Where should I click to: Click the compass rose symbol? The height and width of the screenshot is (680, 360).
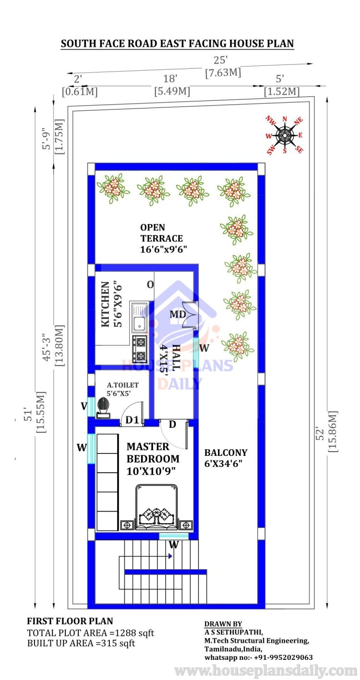tap(285, 135)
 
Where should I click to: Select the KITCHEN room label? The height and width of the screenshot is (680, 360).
tap(105, 304)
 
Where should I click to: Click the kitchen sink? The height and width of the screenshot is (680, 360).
tap(139, 317)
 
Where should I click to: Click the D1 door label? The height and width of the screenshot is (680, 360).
tap(132, 420)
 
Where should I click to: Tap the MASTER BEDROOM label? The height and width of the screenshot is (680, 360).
tap(153, 453)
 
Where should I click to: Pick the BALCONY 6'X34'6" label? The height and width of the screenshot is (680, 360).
tap(226, 458)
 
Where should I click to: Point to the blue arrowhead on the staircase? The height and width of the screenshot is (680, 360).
tap(170, 556)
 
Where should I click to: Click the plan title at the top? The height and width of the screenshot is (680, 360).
tap(177, 44)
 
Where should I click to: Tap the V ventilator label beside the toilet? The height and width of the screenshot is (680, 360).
tap(84, 406)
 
